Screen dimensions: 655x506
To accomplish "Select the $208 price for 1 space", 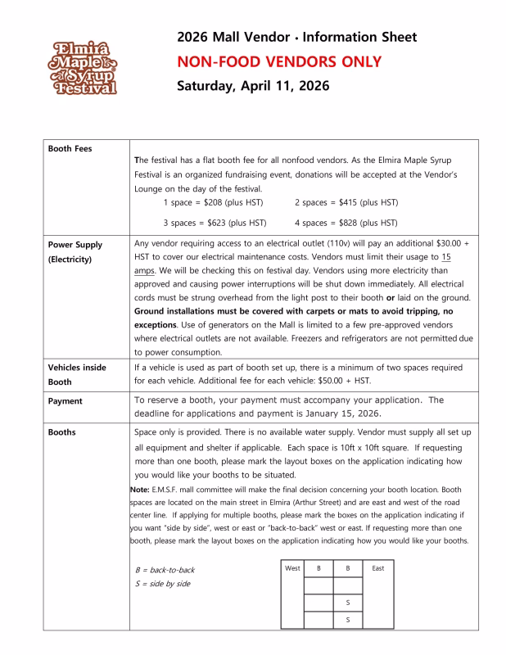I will tap(205, 201).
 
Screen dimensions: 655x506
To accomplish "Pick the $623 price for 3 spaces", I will tap(204, 222).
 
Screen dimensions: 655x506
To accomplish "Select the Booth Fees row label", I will tap(71, 149).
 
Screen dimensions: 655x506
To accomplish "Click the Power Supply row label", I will tap(75, 243).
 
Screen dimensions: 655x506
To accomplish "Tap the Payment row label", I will tap(66, 401).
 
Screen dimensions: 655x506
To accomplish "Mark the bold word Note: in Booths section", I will tap(138, 490).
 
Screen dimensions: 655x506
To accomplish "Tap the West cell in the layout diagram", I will tap(292, 567).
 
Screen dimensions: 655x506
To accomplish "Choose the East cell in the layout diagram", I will tap(377, 567).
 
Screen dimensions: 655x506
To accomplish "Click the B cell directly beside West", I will tap(319, 567).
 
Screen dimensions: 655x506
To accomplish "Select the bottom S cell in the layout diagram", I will tap(347, 620).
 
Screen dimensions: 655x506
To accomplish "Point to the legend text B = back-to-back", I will tap(165, 569).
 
